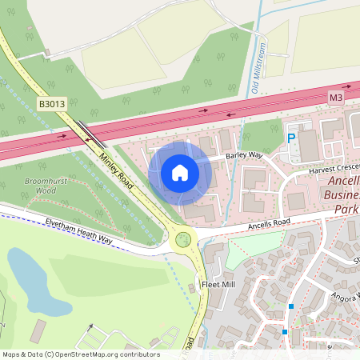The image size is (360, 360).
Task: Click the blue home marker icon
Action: point(180,173)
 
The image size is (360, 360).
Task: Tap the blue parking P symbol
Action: point(291,138)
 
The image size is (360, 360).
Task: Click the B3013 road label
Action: point(50,103)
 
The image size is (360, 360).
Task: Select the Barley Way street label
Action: point(244,155)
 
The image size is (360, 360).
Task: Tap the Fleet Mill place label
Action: point(218,284)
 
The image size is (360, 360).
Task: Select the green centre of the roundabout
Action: point(185,238)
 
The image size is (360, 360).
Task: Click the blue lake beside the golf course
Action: point(33,282)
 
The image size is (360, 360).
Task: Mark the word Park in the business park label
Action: point(346,210)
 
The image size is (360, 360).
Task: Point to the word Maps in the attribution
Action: point(12,354)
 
